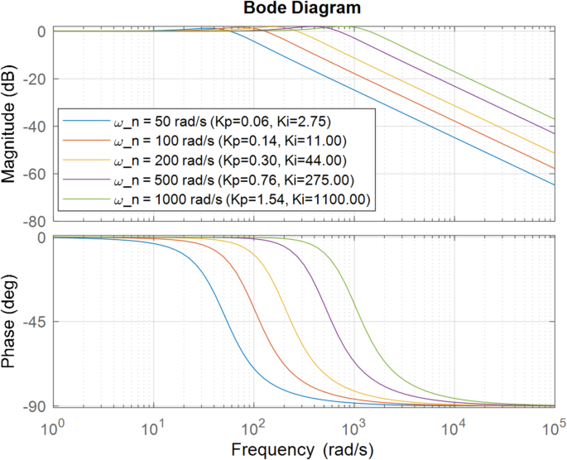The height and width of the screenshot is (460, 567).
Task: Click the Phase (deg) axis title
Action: coord(11,322)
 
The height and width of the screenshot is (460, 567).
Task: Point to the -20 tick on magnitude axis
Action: coord(36,79)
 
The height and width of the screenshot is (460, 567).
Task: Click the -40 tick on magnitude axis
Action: coord(36,127)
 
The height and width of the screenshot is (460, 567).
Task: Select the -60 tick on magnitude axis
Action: coord(36,175)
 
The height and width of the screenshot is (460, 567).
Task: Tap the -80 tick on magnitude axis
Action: coord(36,223)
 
